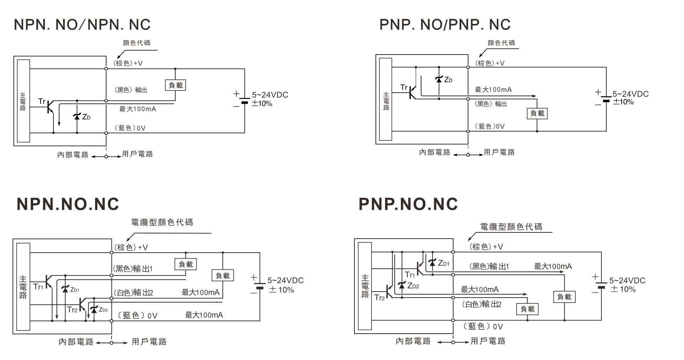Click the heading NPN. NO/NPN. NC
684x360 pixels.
coord(82,25)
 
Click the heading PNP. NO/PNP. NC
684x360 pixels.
coord(445,25)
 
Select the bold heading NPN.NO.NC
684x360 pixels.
coord(68,204)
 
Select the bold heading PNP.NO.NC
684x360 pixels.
coord(408,204)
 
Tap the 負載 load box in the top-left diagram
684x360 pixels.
coord(176,85)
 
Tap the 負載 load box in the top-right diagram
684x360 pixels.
coord(537,113)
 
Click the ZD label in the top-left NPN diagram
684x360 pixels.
coord(86,117)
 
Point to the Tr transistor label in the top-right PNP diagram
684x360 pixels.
coord(404,87)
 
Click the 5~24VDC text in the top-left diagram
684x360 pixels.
coord(270,95)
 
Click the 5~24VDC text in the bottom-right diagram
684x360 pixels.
coord(627,281)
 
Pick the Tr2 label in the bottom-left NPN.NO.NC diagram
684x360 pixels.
coord(72,310)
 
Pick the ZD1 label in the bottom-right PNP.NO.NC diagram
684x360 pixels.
coord(444,263)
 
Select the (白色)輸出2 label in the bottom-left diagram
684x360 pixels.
coord(133,293)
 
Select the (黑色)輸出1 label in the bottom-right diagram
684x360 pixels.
coord(489,266)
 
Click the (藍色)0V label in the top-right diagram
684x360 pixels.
coord(490,126)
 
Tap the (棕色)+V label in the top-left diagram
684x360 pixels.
coord(128,63)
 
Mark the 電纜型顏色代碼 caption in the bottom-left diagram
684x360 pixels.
coord(162,222)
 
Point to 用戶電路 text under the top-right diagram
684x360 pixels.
coord(499,153)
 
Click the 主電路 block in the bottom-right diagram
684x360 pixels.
coord(365,286)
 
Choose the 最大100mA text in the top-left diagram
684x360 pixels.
coord(138,109)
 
